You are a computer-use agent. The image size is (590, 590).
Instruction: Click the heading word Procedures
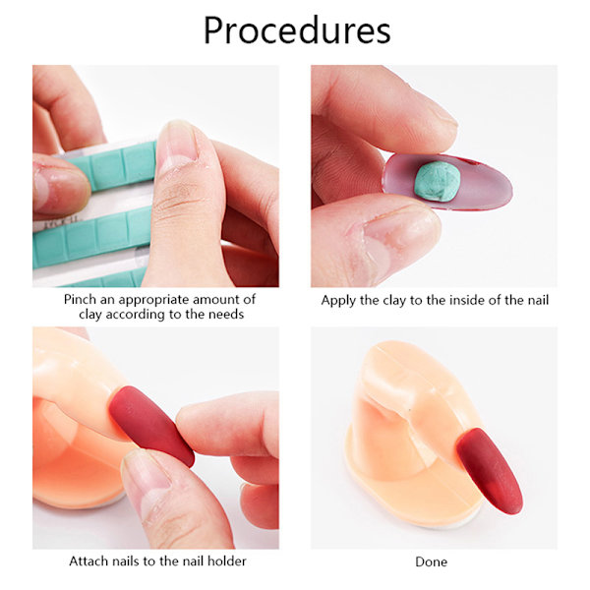[x=297, y=30]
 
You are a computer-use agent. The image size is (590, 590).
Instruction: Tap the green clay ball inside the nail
[x=438, y=181]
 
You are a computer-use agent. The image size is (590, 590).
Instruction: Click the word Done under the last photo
[x=432, y=561]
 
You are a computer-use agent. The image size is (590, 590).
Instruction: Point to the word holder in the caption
[x=227, y=561]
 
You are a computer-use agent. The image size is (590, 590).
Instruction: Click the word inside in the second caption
[x=467, y=300]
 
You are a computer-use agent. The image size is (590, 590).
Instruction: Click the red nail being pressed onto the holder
[x=151, y=425]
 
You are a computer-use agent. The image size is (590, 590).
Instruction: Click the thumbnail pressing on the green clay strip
[x=177, y=147]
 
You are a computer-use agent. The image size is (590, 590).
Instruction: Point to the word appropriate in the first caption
[x=153, y=300]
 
